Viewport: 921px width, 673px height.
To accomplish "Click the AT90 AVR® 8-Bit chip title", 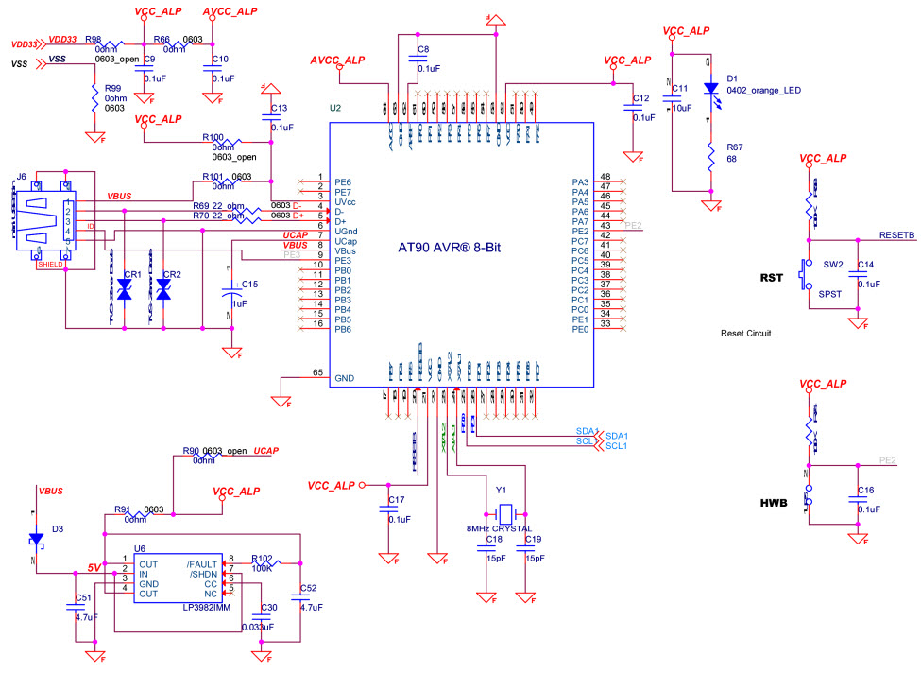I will (x=462, y=248).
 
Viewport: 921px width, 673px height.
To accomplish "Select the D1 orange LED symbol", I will (x=709, y=88).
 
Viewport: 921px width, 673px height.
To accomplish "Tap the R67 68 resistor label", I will (x=735, y=154).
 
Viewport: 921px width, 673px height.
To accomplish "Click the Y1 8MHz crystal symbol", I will (x=506, y=514).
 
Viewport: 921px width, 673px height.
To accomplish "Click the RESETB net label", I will (x=896, y=234).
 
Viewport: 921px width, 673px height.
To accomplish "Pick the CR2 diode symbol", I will (x=163, y=292).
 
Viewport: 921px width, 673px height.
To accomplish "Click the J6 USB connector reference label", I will (x=21, y=176).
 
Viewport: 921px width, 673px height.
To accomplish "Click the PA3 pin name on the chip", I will (x=580, y=181).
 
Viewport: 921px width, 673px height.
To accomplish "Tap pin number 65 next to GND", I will (x=318, y=372).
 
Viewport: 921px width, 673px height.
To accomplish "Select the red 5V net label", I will (x=94, y=568).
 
